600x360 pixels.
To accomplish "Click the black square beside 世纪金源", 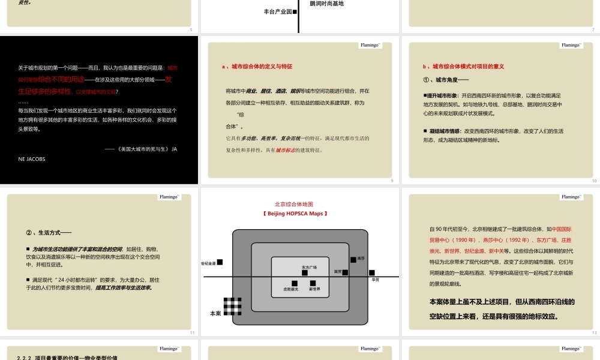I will pos(220,262).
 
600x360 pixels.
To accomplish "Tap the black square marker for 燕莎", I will pos(353,259).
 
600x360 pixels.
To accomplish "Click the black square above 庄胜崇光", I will pos(295,283).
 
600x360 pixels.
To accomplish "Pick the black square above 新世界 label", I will pos(313,283).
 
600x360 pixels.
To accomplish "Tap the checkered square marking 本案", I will pos(232,306).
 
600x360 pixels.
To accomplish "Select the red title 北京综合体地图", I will pos(294,204).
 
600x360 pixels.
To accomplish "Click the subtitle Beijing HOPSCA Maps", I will pos(294,214).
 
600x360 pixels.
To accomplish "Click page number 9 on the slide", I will pos(392,181).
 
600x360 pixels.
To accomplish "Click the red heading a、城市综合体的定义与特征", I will pos(261,67).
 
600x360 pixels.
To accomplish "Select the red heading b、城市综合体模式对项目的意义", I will pos(463,67).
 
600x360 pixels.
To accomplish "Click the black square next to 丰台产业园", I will pos(295,11).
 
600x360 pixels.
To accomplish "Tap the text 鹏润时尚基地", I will pos(327,4).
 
